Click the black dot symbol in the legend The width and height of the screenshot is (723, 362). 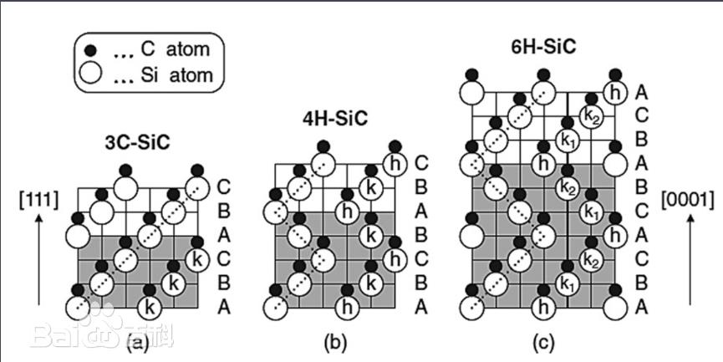click(x=89, y=49)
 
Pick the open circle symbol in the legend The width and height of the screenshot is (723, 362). click(x=89, y=75)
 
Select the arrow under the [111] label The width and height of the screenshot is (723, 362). click(x=36, y=258)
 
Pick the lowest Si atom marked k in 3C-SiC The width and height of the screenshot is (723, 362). click(x=150, y=306)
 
